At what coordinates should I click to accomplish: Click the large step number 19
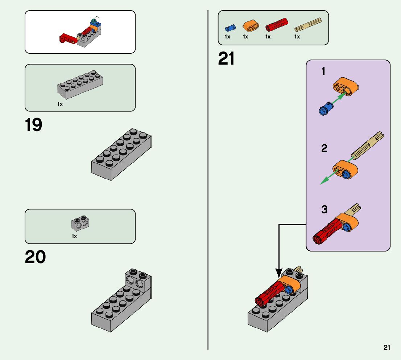coord(33,125)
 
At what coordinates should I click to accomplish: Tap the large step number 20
coord(35,257)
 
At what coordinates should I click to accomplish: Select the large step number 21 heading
coord(226,59)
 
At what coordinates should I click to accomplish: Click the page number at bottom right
coord(387,348)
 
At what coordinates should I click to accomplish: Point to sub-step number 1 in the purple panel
coord(323,72)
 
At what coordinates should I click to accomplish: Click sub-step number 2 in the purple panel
coord(324,148)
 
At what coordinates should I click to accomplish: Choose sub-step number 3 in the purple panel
coord(324,209)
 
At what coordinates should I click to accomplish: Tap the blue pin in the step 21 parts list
coord(230,28)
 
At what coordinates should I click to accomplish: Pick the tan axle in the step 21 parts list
coord(308,25)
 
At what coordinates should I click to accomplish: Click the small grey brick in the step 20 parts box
coord(80,224)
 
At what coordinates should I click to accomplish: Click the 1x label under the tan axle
coord(297,37)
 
